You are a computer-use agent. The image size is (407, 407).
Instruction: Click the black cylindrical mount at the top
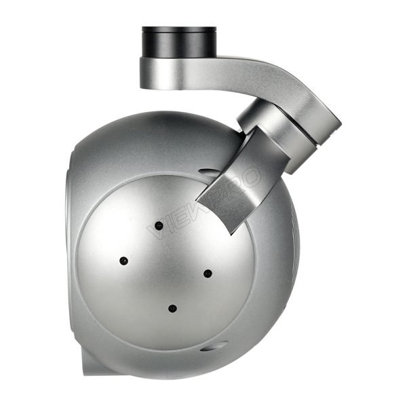tap(178, 43)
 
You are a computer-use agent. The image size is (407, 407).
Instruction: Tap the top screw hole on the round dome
tap(159, 225)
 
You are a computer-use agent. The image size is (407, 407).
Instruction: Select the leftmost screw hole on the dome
tap(123, 260)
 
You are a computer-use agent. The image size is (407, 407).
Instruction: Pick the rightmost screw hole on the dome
tap(208, 273)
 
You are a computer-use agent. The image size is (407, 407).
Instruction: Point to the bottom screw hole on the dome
tap(172, 309)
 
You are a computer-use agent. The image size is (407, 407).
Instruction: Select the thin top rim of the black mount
tap(178, 29)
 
